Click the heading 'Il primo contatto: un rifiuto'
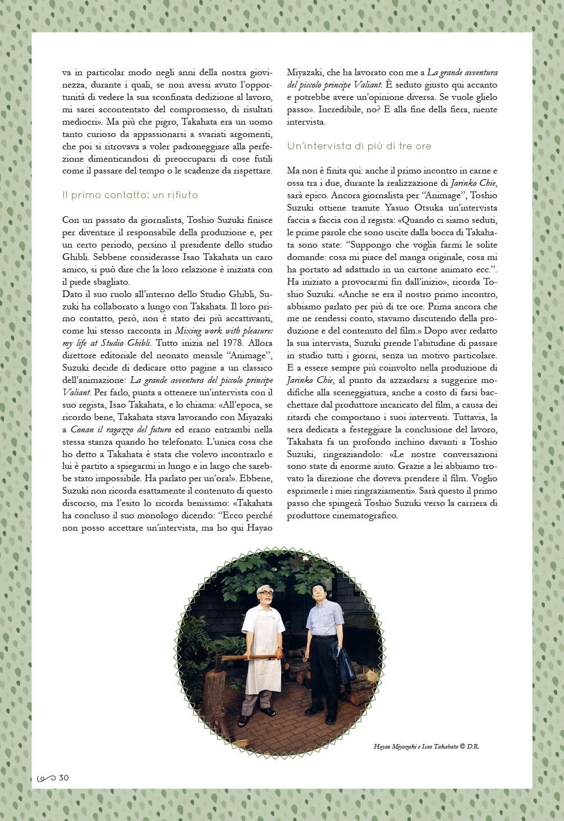130,195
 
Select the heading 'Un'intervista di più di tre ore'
359,146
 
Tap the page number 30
63,778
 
